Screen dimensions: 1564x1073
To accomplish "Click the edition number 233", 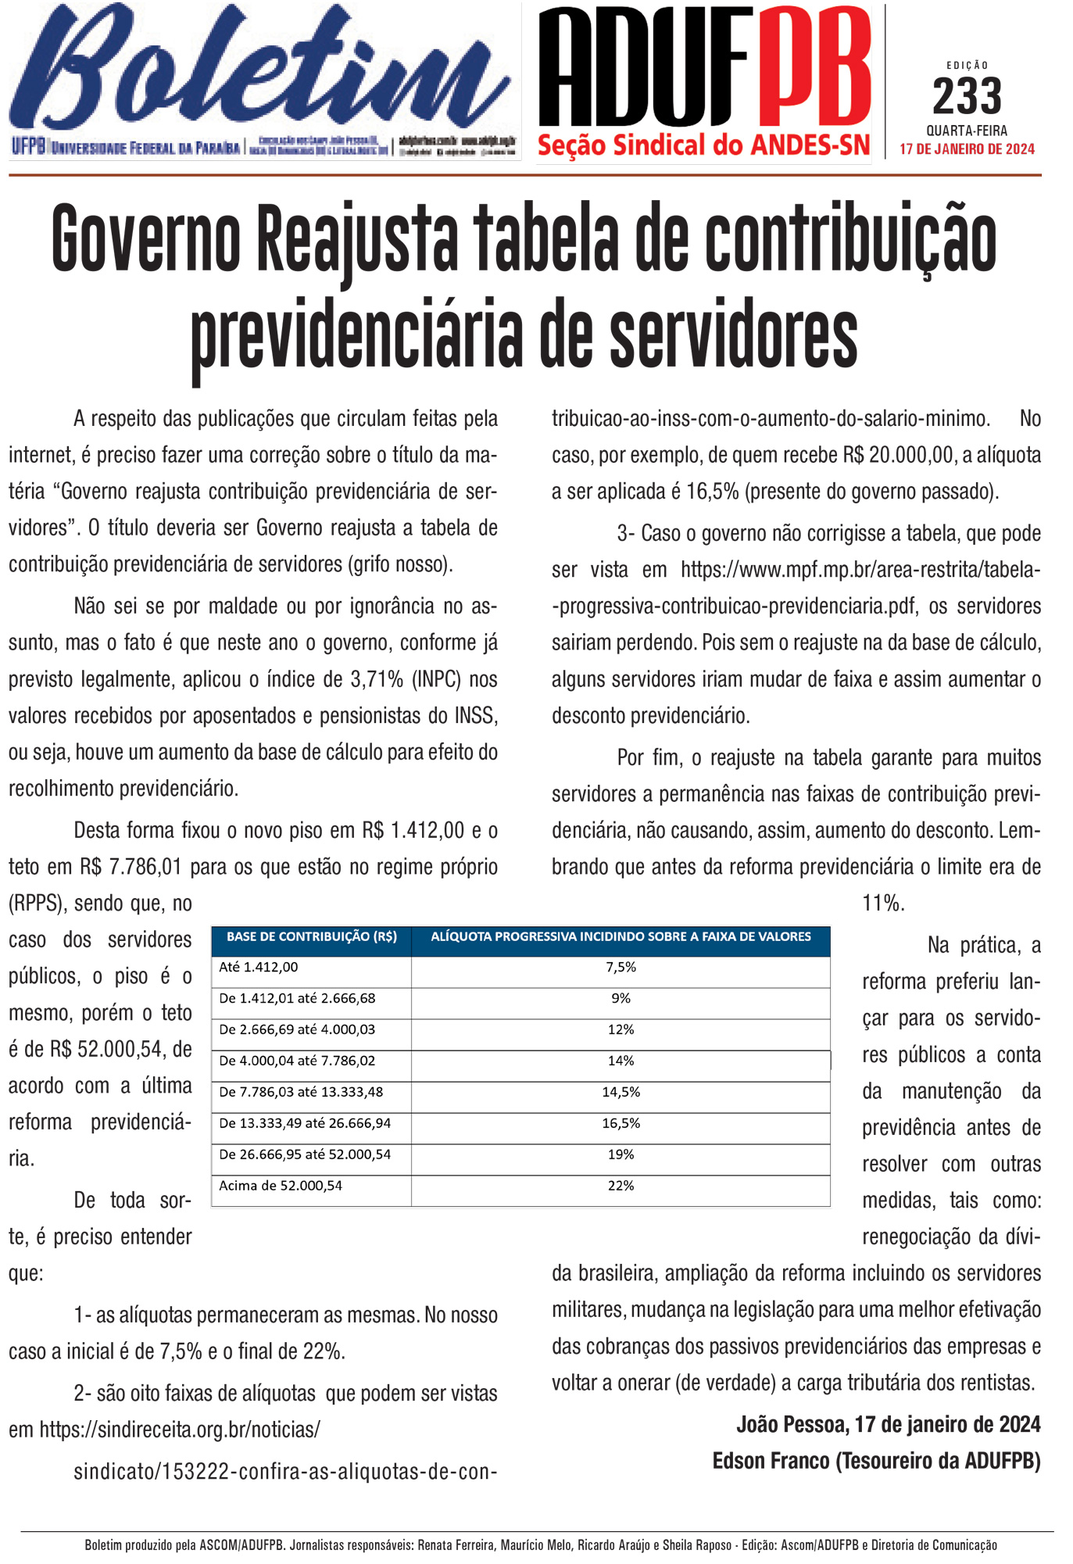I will [967, 97].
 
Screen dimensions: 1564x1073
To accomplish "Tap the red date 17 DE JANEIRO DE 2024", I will [967, 149].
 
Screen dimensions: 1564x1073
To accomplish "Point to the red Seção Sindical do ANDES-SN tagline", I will [703, 145].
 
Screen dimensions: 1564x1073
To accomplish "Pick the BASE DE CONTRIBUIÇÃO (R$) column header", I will [311, 937].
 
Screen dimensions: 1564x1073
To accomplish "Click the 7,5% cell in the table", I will [621, 968].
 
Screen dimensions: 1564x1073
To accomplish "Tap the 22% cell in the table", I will [621, 1186].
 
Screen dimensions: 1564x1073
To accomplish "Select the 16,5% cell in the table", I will [621, 1124].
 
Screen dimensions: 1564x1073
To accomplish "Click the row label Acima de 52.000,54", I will [281, 1186].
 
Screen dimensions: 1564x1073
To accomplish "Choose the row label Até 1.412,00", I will [259, 968].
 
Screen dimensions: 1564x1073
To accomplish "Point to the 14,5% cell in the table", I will [621, 1093].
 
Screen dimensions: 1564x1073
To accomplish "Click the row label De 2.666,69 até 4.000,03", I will [297, 1030].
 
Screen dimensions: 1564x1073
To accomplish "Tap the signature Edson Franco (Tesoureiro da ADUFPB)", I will [876, 1461].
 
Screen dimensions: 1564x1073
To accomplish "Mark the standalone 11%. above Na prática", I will [883, 904].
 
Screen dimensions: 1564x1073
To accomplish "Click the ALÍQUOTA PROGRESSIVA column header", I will [621, 937].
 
